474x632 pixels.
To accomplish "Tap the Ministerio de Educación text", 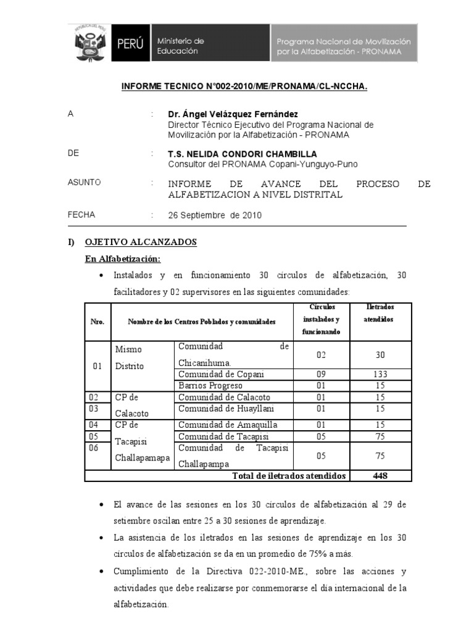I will coord(180,46).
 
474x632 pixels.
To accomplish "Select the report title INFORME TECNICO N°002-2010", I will coord(244,88).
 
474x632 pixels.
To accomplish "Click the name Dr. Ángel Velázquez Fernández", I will coord(225,114).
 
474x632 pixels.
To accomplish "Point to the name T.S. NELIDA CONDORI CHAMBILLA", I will coord(243,154).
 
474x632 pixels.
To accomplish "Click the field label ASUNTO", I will coord(84,183).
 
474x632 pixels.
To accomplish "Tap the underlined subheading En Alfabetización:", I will coord(123,259).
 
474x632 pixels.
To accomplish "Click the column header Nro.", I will coord(98,322).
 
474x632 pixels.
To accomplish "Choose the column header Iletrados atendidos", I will coord(380,313).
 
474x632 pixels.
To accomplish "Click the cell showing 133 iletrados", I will coord(380,375).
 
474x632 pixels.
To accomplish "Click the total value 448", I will coord(380,476).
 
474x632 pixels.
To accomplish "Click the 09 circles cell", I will coord(320,375).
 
